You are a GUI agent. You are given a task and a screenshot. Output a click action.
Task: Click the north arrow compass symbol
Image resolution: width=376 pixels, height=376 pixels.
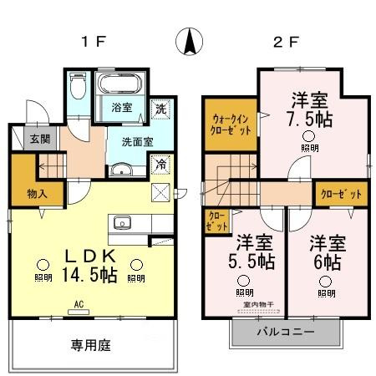pos(190,41)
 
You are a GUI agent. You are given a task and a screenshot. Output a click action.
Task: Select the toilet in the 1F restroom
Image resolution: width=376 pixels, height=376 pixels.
pos(79,88)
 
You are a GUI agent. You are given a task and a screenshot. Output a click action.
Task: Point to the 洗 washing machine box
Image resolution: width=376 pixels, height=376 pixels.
pos(160,108)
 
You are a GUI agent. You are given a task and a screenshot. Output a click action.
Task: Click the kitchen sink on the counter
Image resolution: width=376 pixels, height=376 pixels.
pos(122,222)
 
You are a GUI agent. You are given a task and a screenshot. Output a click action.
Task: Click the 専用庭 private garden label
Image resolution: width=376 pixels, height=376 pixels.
pos(90,344)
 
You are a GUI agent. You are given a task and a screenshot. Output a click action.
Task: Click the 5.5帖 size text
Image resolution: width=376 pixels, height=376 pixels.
pos(254,262)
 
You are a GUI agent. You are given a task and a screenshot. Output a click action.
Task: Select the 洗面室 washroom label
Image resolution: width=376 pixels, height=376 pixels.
pos(136,141)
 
